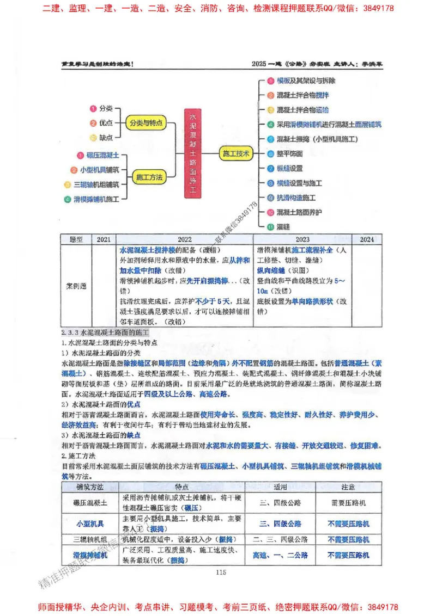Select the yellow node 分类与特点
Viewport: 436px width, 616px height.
pyautogui.click(x=146, y=123)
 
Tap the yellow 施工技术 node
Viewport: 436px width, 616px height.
pyautogui.click(x=237, y=154)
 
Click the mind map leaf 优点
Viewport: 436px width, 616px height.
pyautogui.click(x=105, y=123)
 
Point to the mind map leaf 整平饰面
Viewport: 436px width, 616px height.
pyautogui.click(x=289, y=154)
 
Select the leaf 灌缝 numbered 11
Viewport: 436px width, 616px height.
pyautogui.click(x=284, y=226)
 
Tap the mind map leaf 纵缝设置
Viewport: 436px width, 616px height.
pyautogui.click(x=289, y=169)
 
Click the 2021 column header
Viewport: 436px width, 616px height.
pyautogui.click(x=104, y=239)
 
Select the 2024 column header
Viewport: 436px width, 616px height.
pyautogui.click(x=367, y=239)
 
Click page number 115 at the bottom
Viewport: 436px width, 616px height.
pyautogui.click(x=221, y=572)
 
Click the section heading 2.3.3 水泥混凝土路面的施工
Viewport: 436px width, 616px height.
pyautogui.click(x=106, y=331)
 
